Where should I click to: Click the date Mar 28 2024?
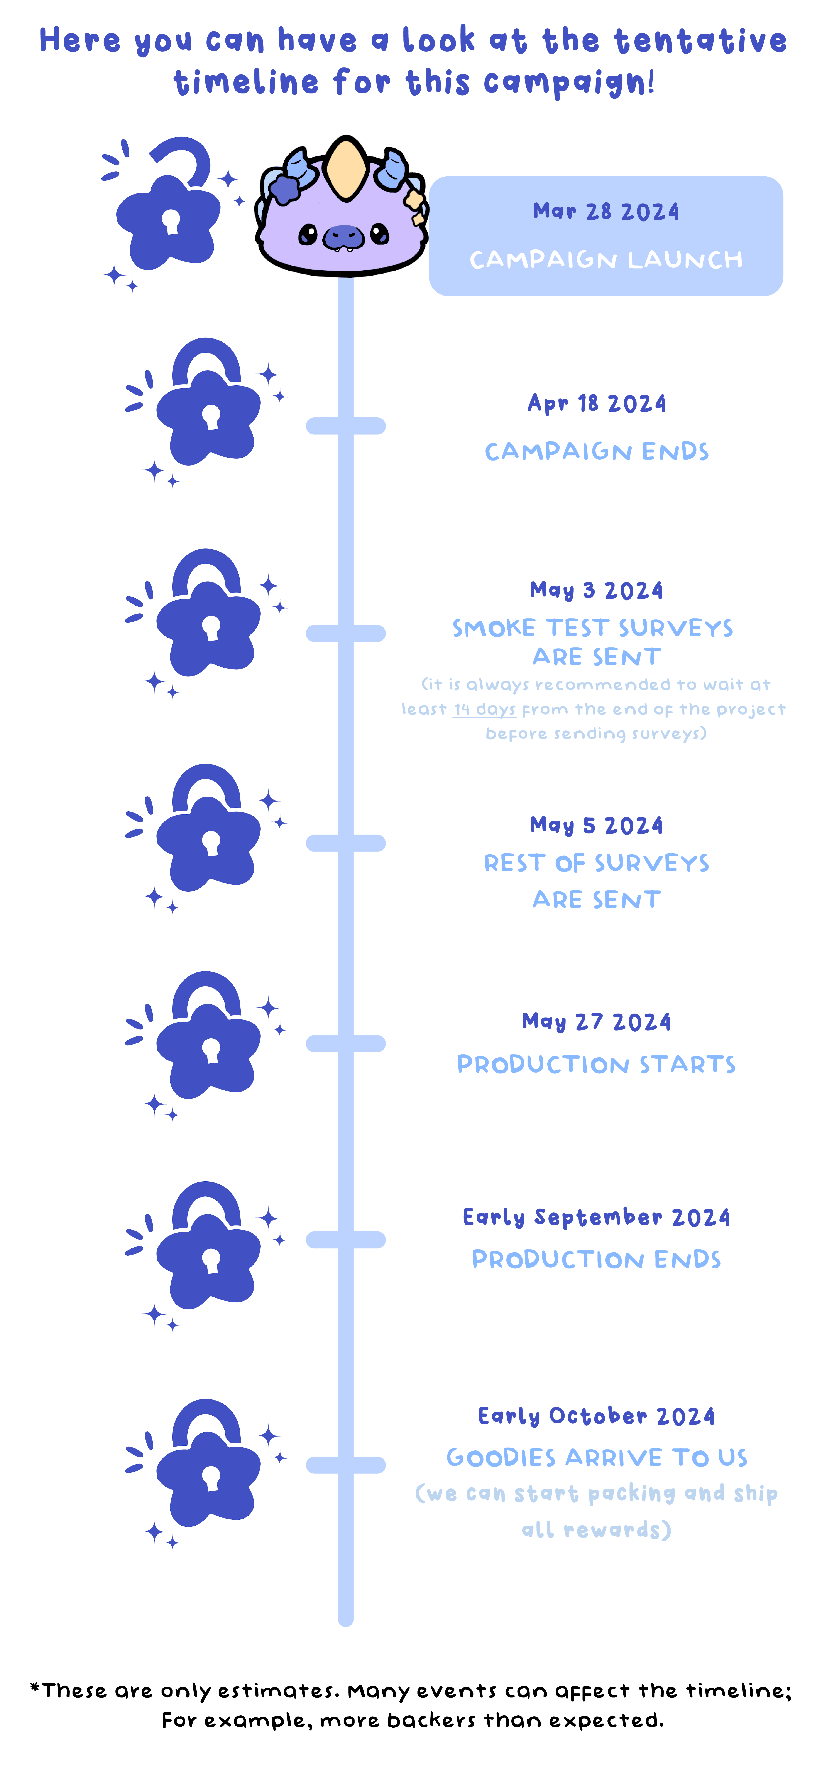pos(606,212)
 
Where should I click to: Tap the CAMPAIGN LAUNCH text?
pos(606,260)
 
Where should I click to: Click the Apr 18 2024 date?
pos(597,404)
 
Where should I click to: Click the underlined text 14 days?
pos(485,710)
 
